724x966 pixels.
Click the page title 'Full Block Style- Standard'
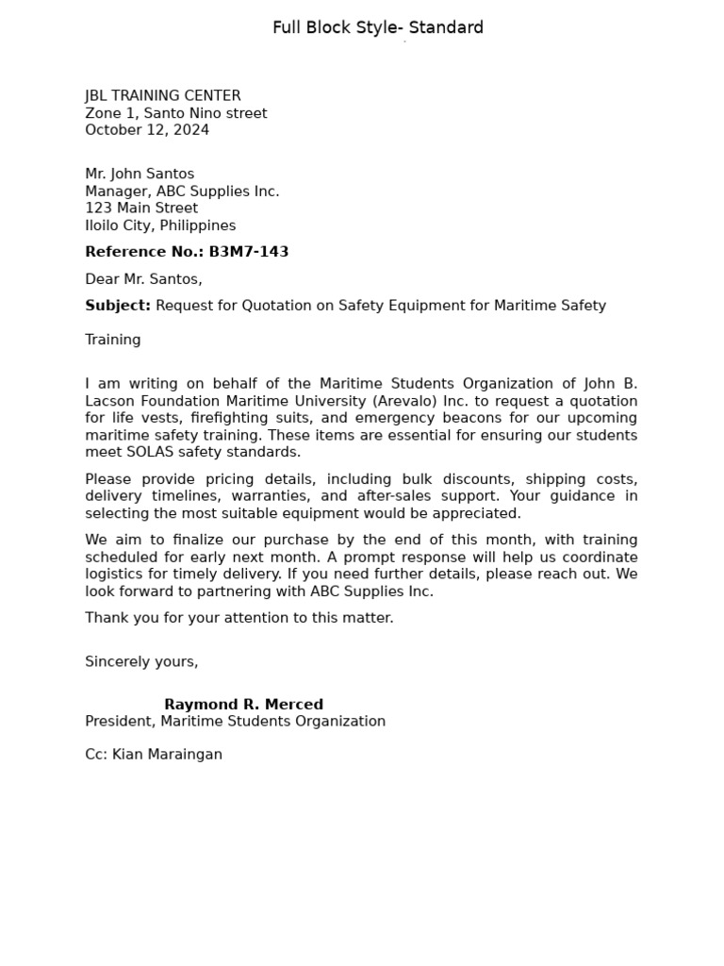pyautogui.click(x=378, y=27)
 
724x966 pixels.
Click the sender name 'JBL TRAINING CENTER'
pyautogui.click(x=163, y=95)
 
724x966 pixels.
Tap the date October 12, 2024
pyautogui.click(x=147, y=130)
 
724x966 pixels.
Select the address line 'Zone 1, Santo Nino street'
pyautogui.click(x=175, y=113)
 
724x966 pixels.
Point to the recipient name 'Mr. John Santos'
pyautogui.click(x=140, y=174)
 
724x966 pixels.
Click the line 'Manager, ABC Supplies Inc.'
pyautogui.click(x=182, y=192)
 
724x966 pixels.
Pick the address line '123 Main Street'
pyautogui.click(x=141, y=208)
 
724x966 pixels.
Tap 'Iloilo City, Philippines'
pyautogui.click(x=160, y=225)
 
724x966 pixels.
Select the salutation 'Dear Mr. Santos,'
pyautogui.click(x=143, y=279)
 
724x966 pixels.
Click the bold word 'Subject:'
pyautogui.click(x=118, y=306)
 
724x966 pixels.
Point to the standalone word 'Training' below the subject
pyautogui.click(x=113, y=340)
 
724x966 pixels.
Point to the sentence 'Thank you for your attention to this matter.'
pyautogui.click(x=239, y=618)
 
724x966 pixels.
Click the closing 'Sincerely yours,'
pyautogui.click(x=141, y=661)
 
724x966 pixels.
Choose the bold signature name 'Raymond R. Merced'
pyautogui.click(x=243, y=705)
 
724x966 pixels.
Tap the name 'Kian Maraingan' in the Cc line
pyautogui.click(x=167, y=755)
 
